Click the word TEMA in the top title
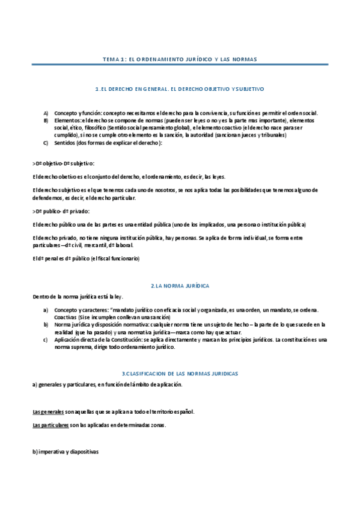[111, 60]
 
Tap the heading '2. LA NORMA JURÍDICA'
[180, 285]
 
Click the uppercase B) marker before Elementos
[46, 120]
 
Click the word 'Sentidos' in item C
[64, 143]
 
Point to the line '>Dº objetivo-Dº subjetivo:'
[63, 163]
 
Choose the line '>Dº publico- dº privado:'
[60, 212]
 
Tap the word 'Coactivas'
[66, 317]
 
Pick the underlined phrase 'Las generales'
[48, 412]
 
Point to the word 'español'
[183, 412]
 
